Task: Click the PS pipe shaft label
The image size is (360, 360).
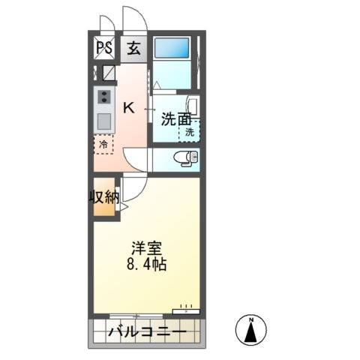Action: (104, 48)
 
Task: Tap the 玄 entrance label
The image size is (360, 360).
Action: (134, 48)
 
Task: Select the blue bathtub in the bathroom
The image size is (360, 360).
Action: (172, 47)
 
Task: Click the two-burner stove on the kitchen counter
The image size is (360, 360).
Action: (104, 96)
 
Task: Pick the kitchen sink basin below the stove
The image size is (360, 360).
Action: (104, 121)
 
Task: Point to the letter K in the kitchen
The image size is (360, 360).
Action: (129, 108)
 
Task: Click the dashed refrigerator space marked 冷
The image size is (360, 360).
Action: (103, 145)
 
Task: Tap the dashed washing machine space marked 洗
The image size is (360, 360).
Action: (190, 131)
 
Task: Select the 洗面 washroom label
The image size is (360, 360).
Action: (176, 119)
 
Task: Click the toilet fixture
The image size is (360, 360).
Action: (187, 158)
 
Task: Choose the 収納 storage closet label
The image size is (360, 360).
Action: (104, 196)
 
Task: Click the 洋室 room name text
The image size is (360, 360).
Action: (147, 247)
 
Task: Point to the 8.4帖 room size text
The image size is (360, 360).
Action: (147, 264)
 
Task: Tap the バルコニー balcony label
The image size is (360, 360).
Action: (148, 332)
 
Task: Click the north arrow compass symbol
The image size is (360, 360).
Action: (251, 329)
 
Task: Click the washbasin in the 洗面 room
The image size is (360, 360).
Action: (193, 107)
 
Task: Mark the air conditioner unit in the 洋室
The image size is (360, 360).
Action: (186, 311)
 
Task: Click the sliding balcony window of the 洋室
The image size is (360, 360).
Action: (136, 316)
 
